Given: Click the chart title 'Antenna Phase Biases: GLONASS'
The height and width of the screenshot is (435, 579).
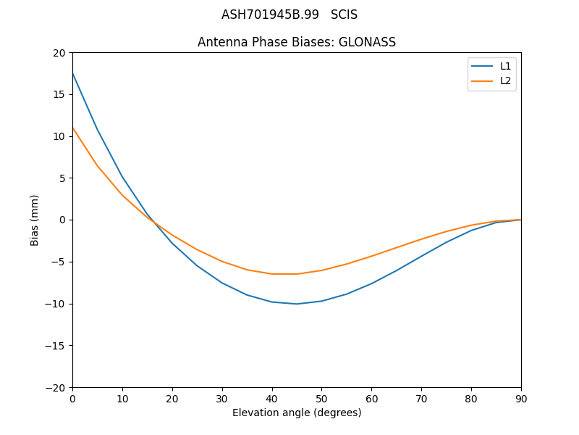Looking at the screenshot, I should click(297, 42).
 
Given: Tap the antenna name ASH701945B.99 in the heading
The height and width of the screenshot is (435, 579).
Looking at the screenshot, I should click(270, 14).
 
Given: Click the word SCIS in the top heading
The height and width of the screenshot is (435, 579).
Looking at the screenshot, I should click(344, 14).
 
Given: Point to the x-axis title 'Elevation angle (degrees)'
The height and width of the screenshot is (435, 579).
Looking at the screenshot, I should click(297, 413).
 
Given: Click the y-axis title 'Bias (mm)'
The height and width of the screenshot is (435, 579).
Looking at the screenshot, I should click(35, 220).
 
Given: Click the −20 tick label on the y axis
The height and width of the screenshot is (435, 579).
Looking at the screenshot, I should click(56, 387).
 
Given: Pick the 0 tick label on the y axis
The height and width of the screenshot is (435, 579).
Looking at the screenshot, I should click(62, 220).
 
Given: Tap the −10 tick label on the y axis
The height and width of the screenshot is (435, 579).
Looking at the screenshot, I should click(56, 304).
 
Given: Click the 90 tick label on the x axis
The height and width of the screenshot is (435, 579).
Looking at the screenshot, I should click(521, 398).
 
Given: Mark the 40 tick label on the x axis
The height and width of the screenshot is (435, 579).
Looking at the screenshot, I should click(272, 398).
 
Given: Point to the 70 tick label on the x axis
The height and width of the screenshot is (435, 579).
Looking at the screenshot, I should click(421, 398).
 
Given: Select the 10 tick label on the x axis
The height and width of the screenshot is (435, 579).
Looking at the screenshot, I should click(122, 398).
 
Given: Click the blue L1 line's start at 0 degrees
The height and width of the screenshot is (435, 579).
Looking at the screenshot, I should click(72, 73).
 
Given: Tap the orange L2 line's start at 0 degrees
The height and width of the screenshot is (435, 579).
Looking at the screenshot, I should click(72, 128).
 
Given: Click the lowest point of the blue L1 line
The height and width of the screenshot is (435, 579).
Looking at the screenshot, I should click(297, 304).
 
